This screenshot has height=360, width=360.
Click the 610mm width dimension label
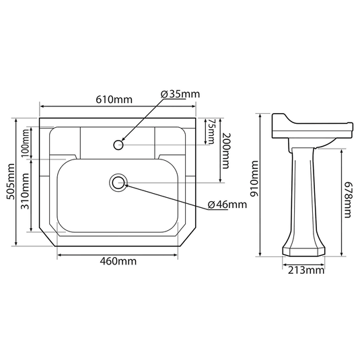[114, 99]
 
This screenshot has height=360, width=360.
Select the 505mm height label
[8, 182]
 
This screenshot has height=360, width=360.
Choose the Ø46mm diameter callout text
[227, 205]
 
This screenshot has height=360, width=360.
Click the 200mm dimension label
[227, 150]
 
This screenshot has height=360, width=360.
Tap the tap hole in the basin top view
[119, 143]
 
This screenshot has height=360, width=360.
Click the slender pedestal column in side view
[303, 195]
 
